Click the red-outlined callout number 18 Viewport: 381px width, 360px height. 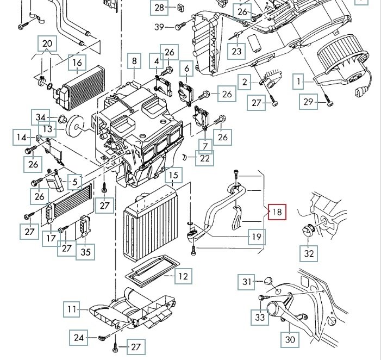[277, 212]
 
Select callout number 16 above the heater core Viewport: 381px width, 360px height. [77, 63]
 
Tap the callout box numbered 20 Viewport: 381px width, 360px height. [47, 44]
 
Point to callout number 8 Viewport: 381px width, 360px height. [134, 61]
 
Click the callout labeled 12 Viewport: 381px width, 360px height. [183, 276]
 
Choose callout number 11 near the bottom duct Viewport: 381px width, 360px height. [72, 309]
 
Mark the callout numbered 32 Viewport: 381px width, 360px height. [309, 253]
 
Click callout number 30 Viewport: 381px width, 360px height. [290, 339]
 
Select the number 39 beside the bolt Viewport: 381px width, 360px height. [159, 27]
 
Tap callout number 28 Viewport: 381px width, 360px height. [159, 8]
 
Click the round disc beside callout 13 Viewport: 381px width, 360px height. [75, 126]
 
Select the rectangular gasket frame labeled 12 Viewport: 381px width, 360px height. [152, 271]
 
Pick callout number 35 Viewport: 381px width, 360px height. [85, 252]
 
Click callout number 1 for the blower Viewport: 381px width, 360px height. [298, 82]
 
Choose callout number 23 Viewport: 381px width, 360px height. [236, 51]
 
